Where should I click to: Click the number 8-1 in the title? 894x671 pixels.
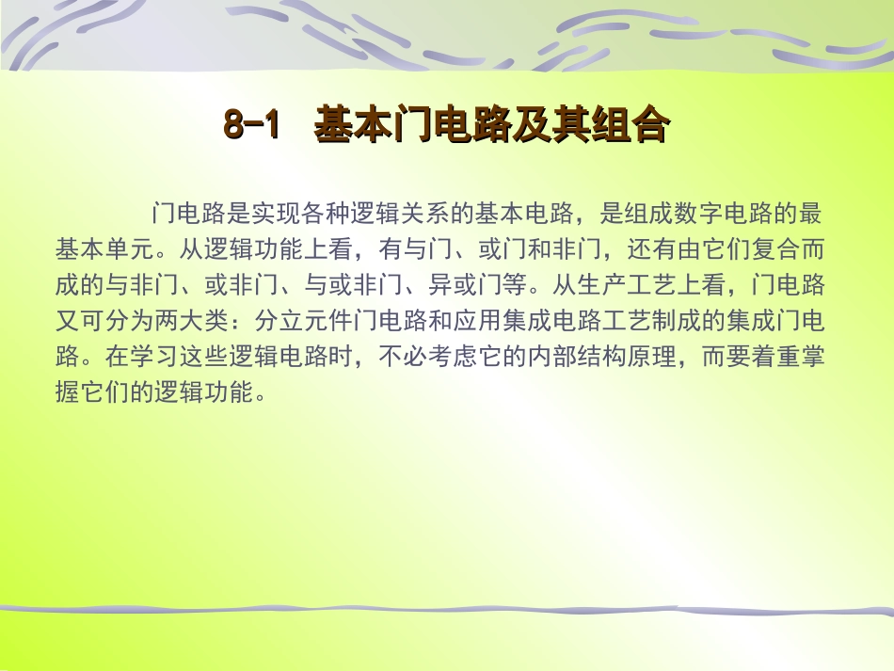tap(252, 126)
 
